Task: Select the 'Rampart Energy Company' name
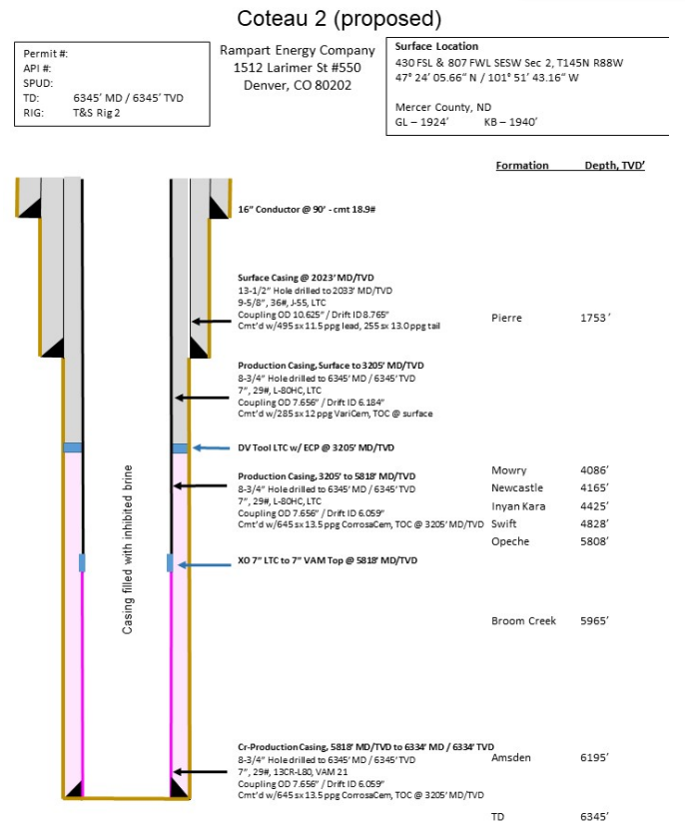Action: click(298, 50)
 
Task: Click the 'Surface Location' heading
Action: click(436, 47)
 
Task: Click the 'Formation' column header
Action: click(522, 165)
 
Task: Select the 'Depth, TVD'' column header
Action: click(615, 165)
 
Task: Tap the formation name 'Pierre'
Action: click(507, 318)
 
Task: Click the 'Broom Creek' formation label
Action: click(523, 621)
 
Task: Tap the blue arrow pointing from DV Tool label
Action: click(211, 447)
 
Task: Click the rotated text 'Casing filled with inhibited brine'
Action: click(128, 548)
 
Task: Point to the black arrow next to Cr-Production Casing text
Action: click(204, 772)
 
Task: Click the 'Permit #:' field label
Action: click(46, 54)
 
